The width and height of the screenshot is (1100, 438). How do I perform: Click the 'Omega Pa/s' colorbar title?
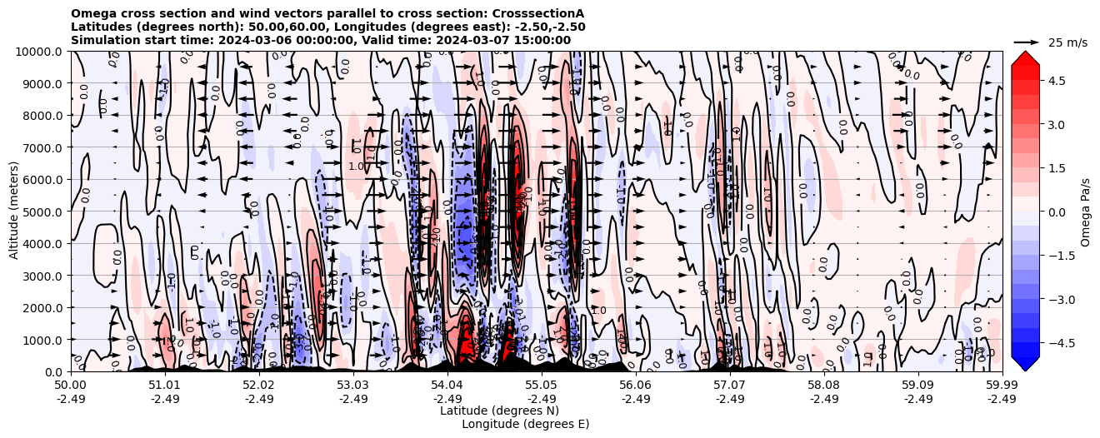[x=1086, y=212]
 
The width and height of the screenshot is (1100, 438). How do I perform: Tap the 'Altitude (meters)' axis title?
[x=14, y=212]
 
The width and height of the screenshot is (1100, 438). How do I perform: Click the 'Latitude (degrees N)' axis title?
[x=499, y=411]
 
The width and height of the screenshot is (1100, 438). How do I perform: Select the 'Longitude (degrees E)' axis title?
[x=525, y=424]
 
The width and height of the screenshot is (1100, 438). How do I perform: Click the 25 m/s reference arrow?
[x=1026, y=42]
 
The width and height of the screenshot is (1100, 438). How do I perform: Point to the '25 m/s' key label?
[x=1067, y=42]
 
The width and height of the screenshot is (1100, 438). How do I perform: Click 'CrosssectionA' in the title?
[x=542, y=13]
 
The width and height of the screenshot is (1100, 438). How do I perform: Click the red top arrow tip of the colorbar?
[x=1025, y=55]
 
